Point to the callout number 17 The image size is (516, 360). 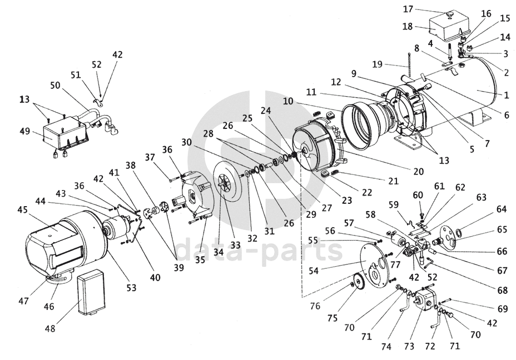[x=424, y=9]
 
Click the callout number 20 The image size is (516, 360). [x=418, y=171]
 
